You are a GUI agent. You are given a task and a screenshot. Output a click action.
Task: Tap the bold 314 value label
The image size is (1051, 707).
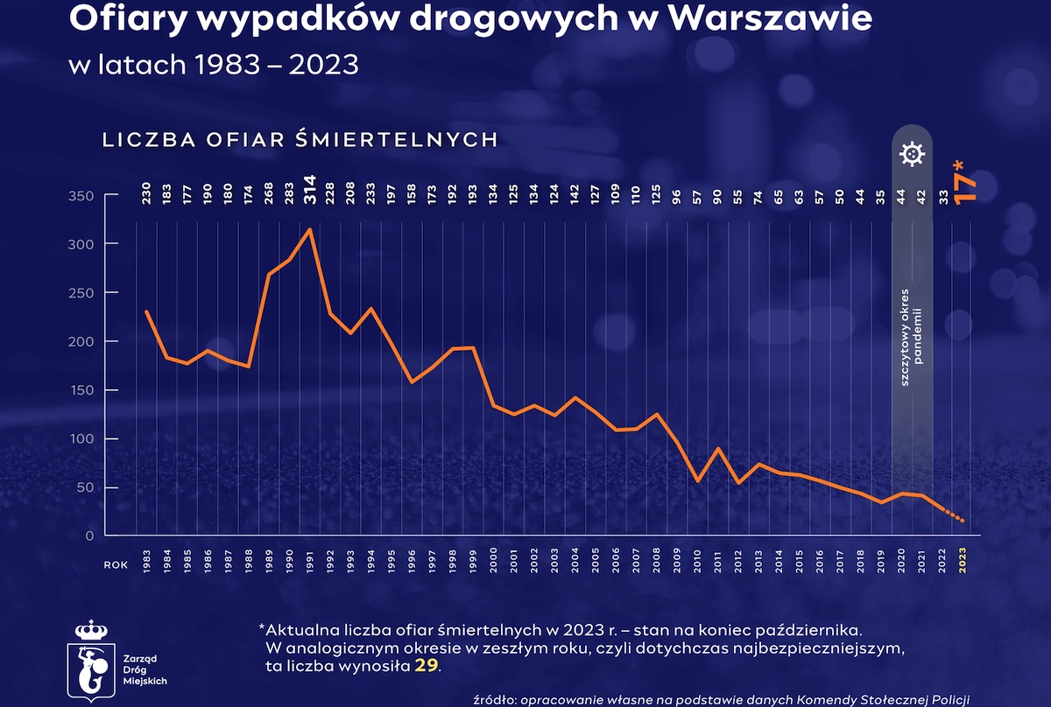[310, 195]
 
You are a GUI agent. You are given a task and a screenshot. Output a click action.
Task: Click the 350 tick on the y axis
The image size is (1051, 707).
[81, 196]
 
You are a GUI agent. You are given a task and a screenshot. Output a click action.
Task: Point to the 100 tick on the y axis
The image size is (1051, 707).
[81, 438]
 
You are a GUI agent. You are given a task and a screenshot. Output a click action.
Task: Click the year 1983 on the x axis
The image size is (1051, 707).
[146, 562]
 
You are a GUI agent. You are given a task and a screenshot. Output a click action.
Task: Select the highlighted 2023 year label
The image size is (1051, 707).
[964, 562]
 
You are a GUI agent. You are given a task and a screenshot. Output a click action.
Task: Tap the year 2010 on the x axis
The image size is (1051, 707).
[698, 562]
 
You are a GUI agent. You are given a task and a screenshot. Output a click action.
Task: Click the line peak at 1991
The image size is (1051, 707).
[310, 229]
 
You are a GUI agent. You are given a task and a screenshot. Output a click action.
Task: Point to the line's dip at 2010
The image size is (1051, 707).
[698, 480]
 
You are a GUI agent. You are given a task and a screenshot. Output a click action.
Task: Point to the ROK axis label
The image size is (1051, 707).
[116, 565]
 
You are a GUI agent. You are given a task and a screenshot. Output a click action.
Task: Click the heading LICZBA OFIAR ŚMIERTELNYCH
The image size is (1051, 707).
[300, 140]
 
